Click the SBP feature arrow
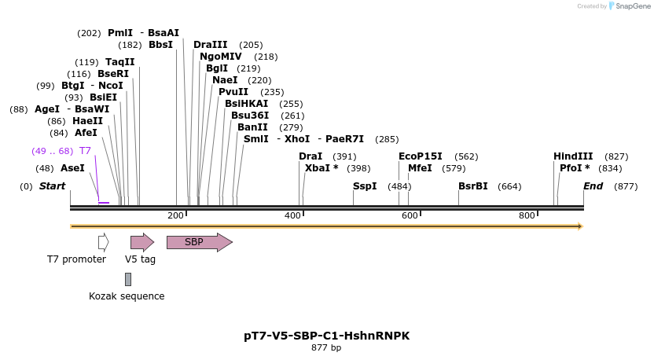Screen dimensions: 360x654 coord(199,242)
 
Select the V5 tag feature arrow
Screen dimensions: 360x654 coord(141,242)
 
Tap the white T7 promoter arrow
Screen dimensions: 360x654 coord(103,242)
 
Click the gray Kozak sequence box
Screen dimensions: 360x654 coord(128,279)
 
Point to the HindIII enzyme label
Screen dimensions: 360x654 coord(573,156)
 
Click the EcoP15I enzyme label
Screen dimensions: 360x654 coord(421,156)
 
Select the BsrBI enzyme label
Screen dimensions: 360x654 coord(473,186)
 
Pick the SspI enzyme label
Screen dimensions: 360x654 coord(365,186)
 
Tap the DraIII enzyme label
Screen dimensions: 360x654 coord(210,45)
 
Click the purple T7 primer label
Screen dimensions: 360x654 coord(85,150)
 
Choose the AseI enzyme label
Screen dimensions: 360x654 coord(72,168)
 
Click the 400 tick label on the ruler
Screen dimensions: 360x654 coord(292,215)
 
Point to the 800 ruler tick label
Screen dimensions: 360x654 coord(527,215)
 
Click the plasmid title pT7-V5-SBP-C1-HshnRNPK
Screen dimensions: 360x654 coord(326,336)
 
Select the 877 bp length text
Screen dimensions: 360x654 coord(326,347)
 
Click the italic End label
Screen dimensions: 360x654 coord(593,186)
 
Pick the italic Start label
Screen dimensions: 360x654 coord(52,186)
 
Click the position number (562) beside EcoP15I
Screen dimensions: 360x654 coord(466,156)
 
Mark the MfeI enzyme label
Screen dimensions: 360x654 coord(420,168)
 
